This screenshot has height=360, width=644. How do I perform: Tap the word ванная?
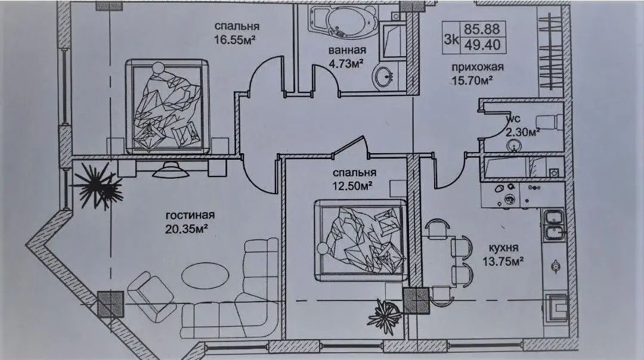tap(347, 51)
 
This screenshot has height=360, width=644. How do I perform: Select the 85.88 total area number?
tap(482, 29)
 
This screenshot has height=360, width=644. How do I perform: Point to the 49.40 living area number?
tap(482, 44)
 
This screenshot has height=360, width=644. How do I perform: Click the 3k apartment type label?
tap(451, 39)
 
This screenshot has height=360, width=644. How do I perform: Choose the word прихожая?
tap(477, 67)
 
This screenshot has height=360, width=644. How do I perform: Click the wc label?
tap(513, 119)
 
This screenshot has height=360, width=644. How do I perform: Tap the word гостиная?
tap(190, 216)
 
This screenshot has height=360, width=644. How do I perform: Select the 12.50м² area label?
tap(352, 185)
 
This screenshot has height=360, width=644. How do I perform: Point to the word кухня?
tap(503, 249)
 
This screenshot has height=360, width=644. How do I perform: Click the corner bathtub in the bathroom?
tap(343, 21)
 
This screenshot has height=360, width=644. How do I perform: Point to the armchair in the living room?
tap(151, 294)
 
